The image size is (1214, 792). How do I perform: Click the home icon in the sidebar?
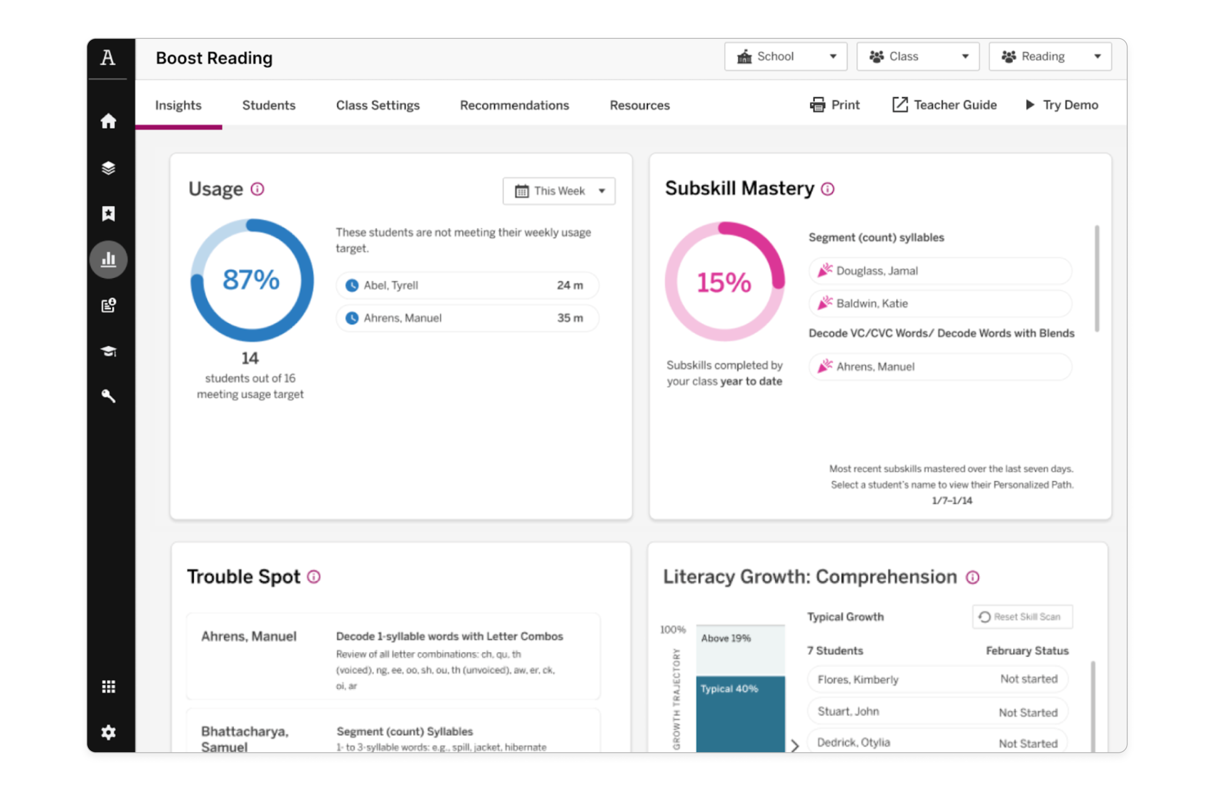pos(108,121)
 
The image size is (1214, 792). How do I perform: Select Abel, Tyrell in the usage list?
pos(391,285)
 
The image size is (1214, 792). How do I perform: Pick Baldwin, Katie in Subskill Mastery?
pos(872,304)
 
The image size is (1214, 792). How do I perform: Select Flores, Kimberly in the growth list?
pos(858,679)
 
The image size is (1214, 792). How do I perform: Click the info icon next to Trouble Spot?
pos(314,577)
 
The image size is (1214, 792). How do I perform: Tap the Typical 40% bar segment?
pos(740,714)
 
